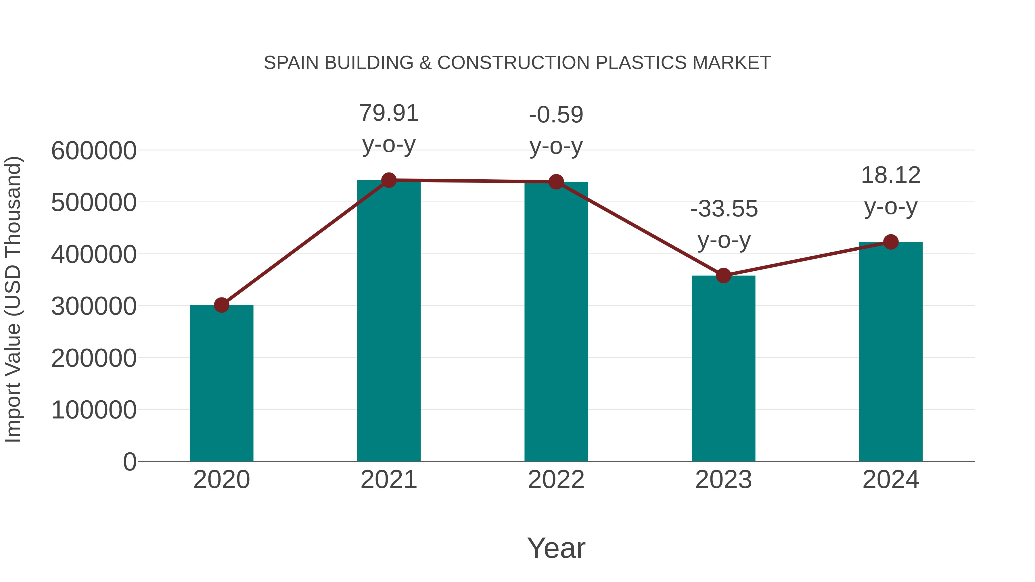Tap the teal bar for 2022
556,321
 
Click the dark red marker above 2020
221,305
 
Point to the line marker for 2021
388,180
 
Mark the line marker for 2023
723,276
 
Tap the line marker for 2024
890,242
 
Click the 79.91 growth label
388,113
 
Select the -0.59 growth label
556,115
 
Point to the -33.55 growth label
724,209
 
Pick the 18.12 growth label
890,176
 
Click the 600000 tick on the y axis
94,151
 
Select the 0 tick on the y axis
129,462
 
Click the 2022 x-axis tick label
556,480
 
